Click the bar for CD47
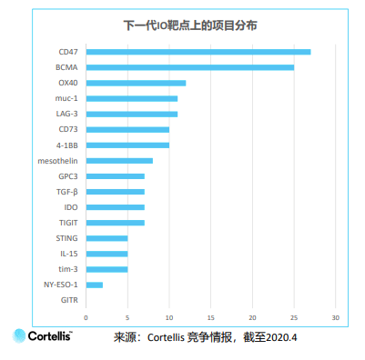point(198,52)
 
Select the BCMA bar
point(190,67)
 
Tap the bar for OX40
point(136,83)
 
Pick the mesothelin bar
point(119,160)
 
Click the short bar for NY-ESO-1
point(95,285)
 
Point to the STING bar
point(106,238)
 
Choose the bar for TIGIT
point(116,223)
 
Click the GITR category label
point(69,300)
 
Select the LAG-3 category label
point(66,114)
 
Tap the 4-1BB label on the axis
point(66,145)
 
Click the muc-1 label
point(67,98)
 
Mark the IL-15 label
point(69,254)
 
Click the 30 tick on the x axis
point(335,318)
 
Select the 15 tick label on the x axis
point(211,318)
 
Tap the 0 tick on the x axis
point(86,318)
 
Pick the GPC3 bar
point(116,176)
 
